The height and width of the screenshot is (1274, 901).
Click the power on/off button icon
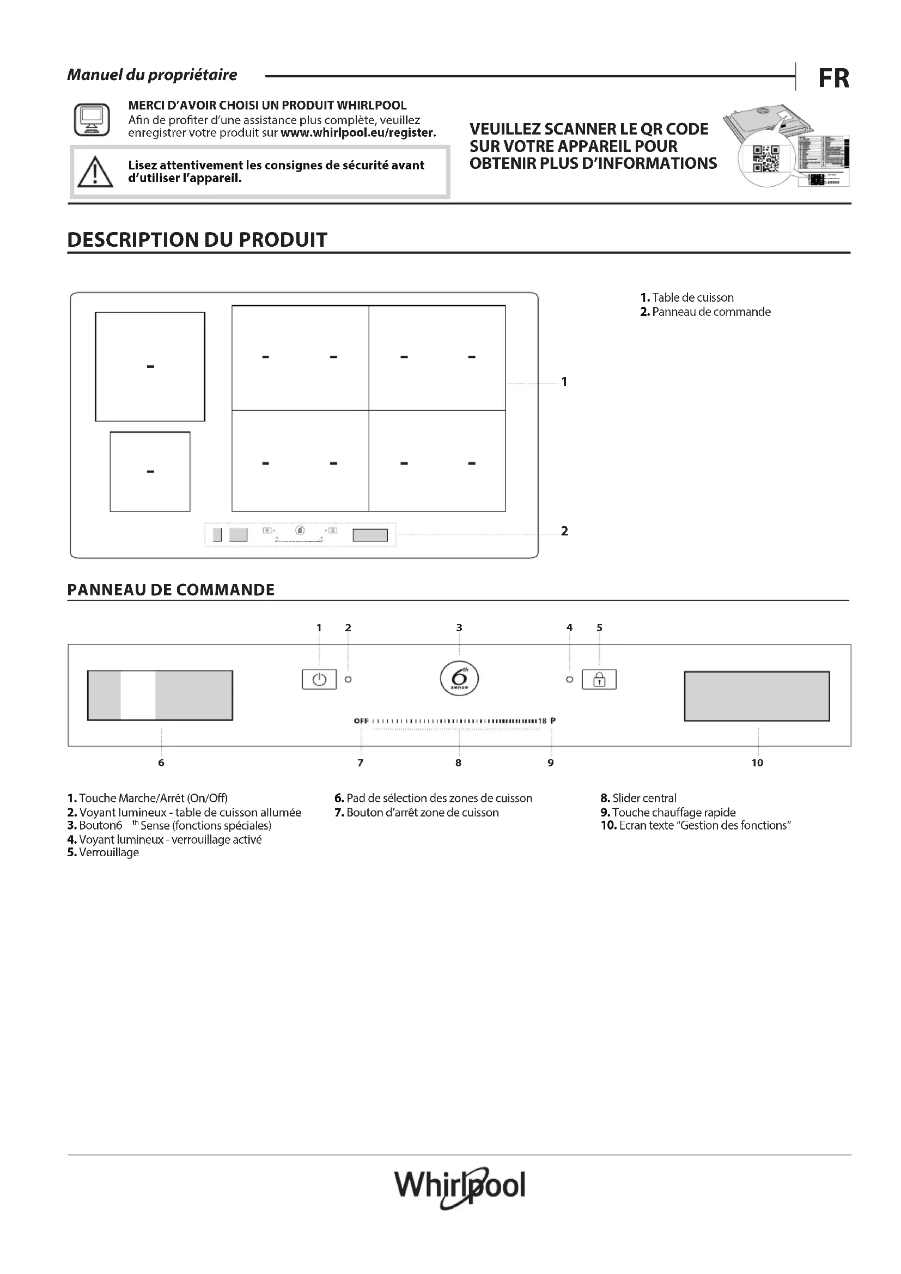pos(319,679)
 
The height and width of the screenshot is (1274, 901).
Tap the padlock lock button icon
pos(599,679)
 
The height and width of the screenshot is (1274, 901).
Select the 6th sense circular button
pos(459,678)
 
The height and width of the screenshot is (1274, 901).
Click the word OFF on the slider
pos(361,721)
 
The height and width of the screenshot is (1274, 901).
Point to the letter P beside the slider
pos(552,721)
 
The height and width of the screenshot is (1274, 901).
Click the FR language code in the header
pos(833,78)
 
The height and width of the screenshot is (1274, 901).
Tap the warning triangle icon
pos(95,172)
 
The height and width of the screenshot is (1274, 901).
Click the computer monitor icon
pos(92,119)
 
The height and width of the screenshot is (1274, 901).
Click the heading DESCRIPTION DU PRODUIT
pos(197,240)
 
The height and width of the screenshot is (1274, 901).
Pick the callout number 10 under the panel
pos(757,763)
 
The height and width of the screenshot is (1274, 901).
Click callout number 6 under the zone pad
pos(161,763)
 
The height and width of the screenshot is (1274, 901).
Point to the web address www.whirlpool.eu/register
pos(358,132)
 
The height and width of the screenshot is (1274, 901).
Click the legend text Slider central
pos(643,798)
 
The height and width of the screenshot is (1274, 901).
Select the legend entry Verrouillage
pos(109,852)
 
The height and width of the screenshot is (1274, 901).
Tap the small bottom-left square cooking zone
pos(150,472)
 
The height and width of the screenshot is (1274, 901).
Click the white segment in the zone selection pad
pos(138,695)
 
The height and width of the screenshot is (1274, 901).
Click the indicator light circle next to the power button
pos(349,679)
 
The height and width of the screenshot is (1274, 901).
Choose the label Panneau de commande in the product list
pos(711,312)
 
